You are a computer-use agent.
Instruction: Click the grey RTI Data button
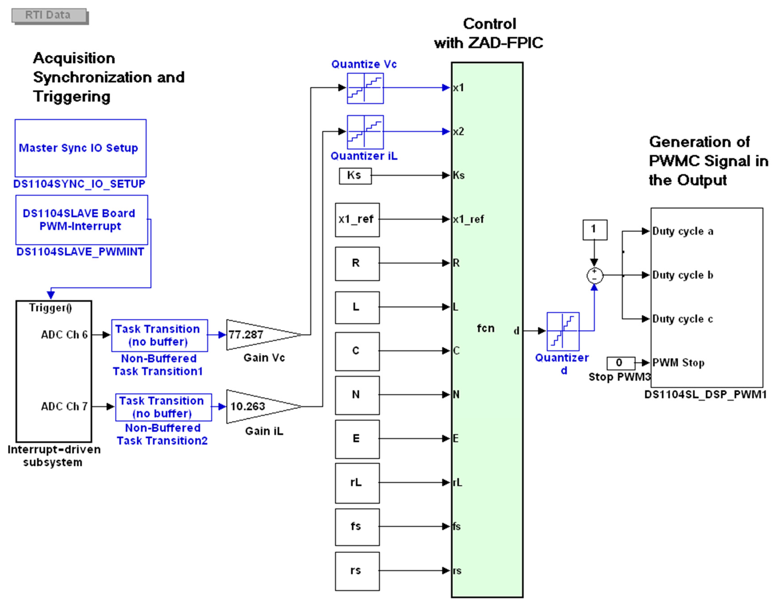[x=49, y=15]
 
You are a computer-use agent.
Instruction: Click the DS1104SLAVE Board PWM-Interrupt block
[x=81, y=220]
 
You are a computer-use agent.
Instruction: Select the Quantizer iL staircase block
[x=365, y=132]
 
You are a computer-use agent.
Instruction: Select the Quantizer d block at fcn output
[x=563, y=331]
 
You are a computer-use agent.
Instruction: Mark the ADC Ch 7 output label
[x=64, y=407]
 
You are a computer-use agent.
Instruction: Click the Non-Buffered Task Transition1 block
[x=159, y=335]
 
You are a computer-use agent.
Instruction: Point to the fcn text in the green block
[x=485, y=328]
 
